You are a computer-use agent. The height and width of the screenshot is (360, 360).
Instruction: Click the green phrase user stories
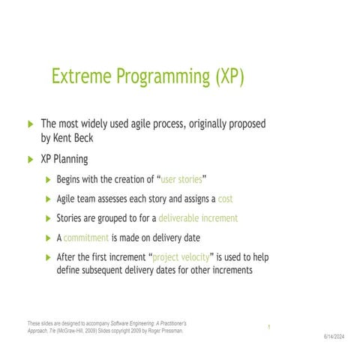tap(182, 179)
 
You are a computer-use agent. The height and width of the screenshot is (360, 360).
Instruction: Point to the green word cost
tap(226, 199)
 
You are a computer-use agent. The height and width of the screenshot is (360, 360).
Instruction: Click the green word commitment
tap(86, 238)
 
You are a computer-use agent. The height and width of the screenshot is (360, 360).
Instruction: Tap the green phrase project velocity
tap(182, 257)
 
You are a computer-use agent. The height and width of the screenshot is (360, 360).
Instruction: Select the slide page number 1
tap(268, 327)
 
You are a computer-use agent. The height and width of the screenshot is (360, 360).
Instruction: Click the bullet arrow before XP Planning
tap(30, 160)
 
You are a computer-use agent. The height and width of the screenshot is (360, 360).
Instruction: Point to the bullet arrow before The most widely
tap(30, 124)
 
